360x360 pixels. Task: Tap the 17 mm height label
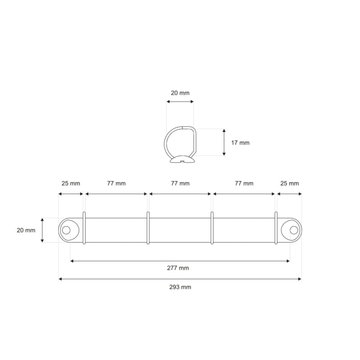click(240, 143)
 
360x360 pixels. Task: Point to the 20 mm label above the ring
click(180, 93)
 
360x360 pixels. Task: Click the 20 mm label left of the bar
click(26, 230)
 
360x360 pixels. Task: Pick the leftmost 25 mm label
click(71, 183)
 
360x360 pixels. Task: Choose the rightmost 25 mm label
click(289, 183)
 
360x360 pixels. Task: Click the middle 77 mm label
click(180, 183)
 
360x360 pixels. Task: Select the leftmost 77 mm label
click(116, 183)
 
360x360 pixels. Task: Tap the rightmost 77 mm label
click(244, 183)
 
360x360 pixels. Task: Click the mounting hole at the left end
click(66, 230)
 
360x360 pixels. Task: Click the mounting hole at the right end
click(294, 230)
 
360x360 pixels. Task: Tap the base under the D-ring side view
click(182, 160)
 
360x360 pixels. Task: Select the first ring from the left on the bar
click(84, 228)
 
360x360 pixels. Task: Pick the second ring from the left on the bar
click(148, 228)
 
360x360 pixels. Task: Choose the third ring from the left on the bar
click(212, 228)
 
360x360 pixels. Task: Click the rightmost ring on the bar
click(276, 228)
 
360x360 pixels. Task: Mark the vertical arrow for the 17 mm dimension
click(224, 142)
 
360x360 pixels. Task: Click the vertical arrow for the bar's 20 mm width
click(43, 230)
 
